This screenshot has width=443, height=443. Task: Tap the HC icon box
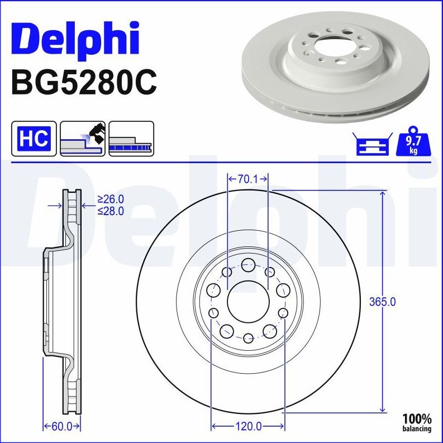click(x=34, y=137)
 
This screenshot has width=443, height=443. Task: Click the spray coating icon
click(x=82, y=137)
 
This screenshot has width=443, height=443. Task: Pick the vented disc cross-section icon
click(x=131, y=137)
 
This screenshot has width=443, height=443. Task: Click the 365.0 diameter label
click(x=383, y=302)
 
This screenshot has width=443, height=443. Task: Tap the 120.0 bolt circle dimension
click(x=248, y=427)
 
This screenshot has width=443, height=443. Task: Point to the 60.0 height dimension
click(x=61, y=427)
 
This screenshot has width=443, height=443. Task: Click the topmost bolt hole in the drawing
click(x=248, y=265)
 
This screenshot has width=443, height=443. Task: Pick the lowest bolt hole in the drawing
click(x=248, y=337)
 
